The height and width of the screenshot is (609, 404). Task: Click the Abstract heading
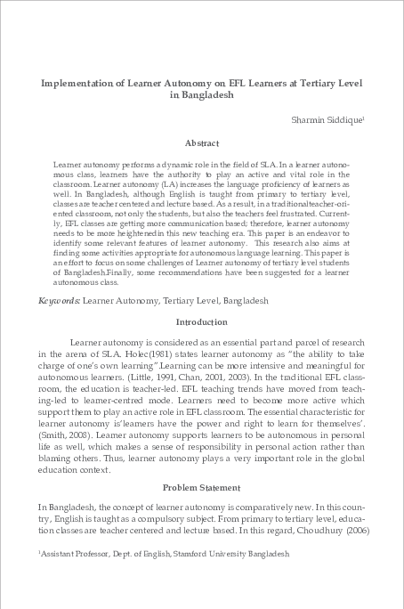click(201, 142)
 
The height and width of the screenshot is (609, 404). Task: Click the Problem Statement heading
click(201, 487)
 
